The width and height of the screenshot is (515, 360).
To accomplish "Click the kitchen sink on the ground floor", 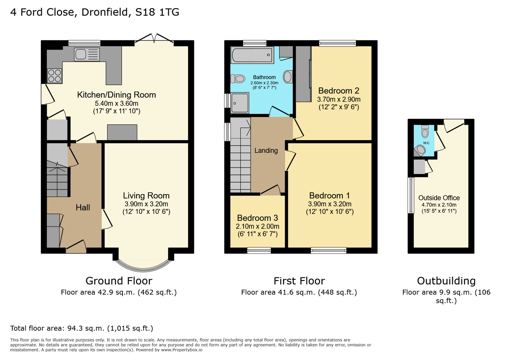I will coord(87,55).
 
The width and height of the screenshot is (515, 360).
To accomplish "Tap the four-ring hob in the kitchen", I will coord(54,76).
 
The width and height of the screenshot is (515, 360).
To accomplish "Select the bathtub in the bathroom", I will coord(252,55).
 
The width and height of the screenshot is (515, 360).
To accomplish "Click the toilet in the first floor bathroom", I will coord(238,79).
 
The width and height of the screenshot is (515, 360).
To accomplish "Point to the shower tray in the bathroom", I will coord(240,103).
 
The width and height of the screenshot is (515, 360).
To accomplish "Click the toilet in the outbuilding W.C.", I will coord(425,132).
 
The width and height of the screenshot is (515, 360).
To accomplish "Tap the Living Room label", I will coord(146,196).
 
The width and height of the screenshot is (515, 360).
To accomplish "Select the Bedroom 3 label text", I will coord(257,218).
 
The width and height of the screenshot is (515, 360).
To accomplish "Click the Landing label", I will coord(266,151).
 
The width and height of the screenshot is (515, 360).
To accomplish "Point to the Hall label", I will coord(83,208).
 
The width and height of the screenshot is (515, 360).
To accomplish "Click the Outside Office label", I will coord(439,198).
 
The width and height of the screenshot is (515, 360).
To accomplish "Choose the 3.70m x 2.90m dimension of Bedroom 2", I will coord(339,99).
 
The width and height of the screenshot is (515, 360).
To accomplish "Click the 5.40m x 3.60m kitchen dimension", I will coord(116,103).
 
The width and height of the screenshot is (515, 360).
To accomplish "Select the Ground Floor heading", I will coord(119,281).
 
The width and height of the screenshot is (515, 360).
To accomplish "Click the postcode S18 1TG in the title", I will coord(157,12).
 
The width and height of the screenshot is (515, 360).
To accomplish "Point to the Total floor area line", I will coord(81,328).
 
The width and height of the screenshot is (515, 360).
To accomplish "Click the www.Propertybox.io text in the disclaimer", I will coord(181,350).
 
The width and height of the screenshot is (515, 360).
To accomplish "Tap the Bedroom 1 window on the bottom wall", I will coord(329,250).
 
